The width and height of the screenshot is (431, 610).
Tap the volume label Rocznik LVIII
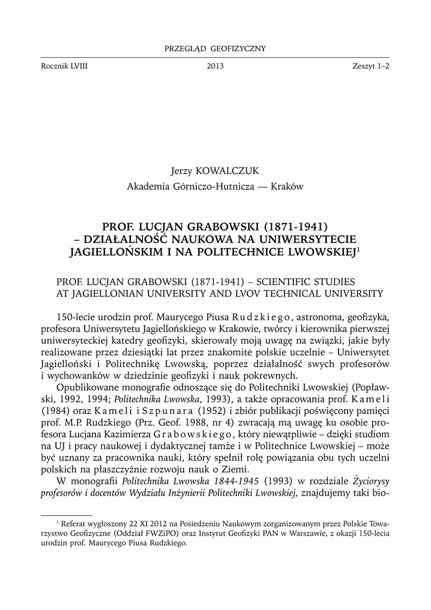tap(63, 67)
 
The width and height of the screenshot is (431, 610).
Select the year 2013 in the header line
tap(215, 67)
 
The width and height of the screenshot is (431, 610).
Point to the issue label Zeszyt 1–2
tap(370, 67)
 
